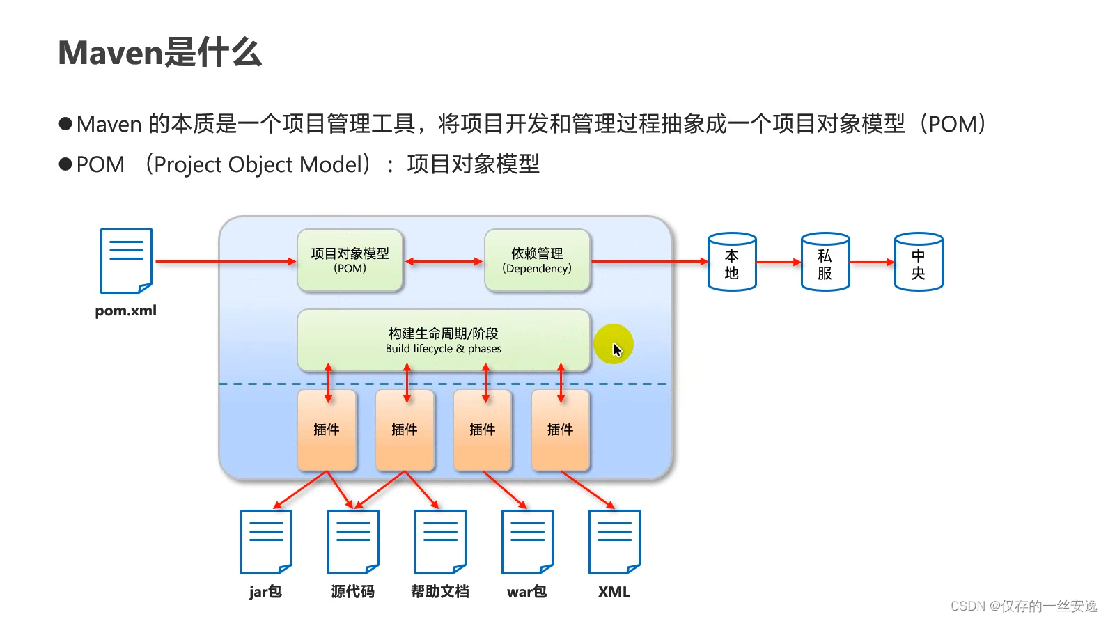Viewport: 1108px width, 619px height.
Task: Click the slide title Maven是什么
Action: pos(159,53)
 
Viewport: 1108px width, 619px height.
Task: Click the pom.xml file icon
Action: pos(126,261)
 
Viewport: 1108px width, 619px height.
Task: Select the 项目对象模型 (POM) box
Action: pos(350,260)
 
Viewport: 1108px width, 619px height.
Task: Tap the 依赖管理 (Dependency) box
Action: pos(537,260)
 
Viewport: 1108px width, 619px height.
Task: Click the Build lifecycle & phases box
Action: pos(444,340)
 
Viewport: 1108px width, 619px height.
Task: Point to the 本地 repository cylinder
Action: pos(732,263)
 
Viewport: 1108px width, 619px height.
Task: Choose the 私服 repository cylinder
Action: pos(825,263)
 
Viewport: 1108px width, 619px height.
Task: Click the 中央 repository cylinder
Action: pos(919,263)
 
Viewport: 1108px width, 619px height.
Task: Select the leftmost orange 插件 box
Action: pos(327,430)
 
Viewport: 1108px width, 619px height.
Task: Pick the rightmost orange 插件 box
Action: pos(560,430)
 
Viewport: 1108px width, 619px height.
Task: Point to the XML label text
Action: pos(614,592)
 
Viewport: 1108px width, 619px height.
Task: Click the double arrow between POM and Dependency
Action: pos(444,262)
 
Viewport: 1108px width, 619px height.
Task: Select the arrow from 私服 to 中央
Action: pos(872,263)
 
